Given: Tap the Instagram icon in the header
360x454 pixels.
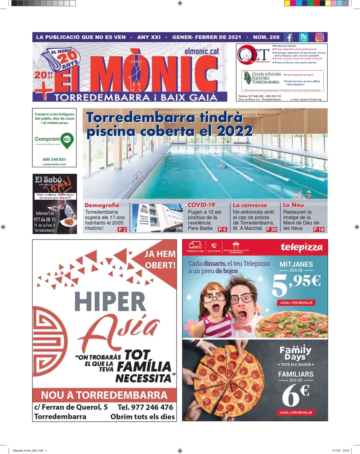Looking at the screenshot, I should pyautogui.click(x=320, y=37).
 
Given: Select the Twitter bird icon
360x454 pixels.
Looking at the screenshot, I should pyautogui.click(x=304, y=37).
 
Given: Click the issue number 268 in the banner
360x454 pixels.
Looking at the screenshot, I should pyautogui.click(x=274, y=37).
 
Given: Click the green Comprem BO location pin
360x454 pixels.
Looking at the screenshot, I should pyautogui.click(x=67, y=140).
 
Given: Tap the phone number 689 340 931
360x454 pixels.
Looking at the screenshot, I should pyautogui.click(x=54, y=159).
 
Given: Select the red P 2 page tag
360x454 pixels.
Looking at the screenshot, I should pyautogui.click(x=122, y=230).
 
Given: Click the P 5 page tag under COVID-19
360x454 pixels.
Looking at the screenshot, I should pyautogui.click(x=223, y=230).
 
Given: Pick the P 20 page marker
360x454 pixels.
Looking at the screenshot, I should pyautogui.click(x=271, y=229).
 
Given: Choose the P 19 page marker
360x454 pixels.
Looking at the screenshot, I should pyautogui.click(x=319, y=229).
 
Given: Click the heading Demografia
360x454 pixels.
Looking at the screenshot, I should pyautogui.click(x=102, y=205).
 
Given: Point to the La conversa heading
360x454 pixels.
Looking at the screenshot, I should pyautogui.click(x=250, y=205).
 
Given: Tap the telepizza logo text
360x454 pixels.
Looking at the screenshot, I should pyautogui.click(x=301, y=247).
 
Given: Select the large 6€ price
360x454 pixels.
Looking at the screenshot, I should pyautogui.click(x=296, y=396).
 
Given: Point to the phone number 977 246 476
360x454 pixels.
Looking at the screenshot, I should pyautogui.click(x=145, y=407).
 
